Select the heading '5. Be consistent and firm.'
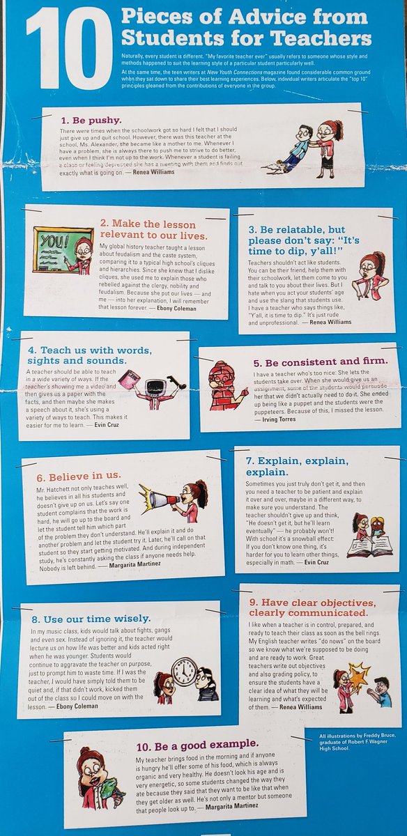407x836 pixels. [x=320, y=362]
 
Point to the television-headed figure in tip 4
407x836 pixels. [x=156, y=389]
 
